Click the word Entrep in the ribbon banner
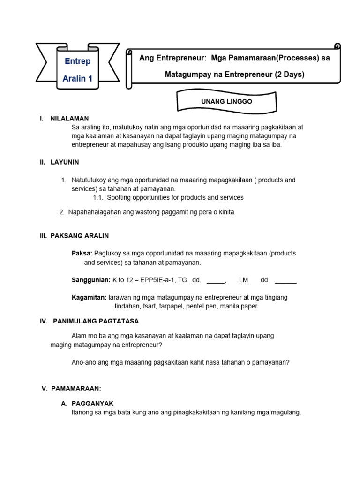[x=77, y=61]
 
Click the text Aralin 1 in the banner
[x=77, y=78]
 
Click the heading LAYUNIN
[x=65, y=162]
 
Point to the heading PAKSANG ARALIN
[x=80, y=236]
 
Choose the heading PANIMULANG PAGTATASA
[x=96, y=321]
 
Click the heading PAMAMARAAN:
[x=78, y=388]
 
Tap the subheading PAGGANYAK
[x=92, y=404]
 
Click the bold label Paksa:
[x=82, y=253]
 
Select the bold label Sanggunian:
[x=91, y=280]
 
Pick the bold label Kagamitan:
[x=89, y=297]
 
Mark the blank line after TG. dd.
[x=216, y=281]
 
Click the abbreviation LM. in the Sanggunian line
[x=244, y=280]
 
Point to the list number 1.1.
[x=98, y=197]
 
